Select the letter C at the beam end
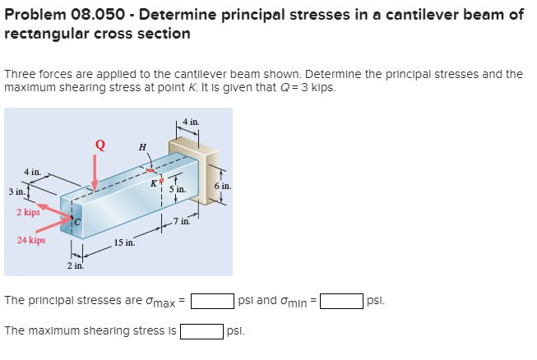coord(80,219)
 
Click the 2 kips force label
coord(29,212)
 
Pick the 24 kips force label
coord(31,241)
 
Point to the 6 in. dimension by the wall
coord(222,187)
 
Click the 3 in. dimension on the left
coord(15,192)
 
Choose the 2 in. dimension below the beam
coord(75,265)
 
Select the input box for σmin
coord(341,300)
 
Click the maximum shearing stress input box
coord(201,331)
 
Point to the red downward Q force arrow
coord(95,174)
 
